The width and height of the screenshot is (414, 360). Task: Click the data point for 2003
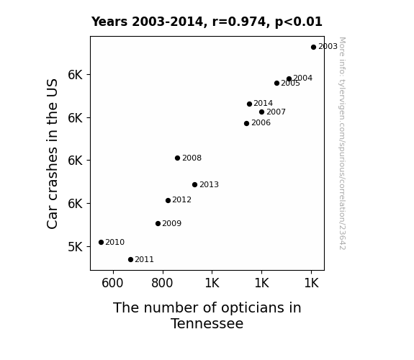(313, 48)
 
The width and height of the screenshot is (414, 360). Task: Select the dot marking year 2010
(101, 242)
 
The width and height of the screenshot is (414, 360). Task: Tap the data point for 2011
(130, 260)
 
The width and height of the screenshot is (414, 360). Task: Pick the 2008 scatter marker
(177, 158)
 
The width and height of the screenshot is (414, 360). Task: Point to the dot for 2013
(194, 184)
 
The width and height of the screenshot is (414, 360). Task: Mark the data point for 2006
(247, 123)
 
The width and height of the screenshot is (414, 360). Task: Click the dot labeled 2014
(249, 104)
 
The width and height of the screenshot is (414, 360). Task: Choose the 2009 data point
(158, 223)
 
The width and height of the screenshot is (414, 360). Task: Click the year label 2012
(181, 200)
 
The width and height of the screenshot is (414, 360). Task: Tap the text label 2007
(276, 112)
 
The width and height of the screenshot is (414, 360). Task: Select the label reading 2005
(290, 84)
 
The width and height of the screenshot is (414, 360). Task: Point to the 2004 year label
(303, 78)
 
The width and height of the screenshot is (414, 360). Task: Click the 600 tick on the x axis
(112, 283)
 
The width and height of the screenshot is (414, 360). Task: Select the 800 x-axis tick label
(162, 283)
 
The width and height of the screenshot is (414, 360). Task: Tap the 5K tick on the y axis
(76, 247)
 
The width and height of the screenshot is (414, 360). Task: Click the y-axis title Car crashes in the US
(52, 153)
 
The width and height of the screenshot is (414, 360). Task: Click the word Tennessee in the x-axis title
(207, 323)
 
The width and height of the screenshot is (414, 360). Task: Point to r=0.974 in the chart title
(239, 22)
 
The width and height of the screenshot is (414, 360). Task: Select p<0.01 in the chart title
(299, 22)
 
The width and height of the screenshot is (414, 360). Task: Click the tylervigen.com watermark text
(342, 143)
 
